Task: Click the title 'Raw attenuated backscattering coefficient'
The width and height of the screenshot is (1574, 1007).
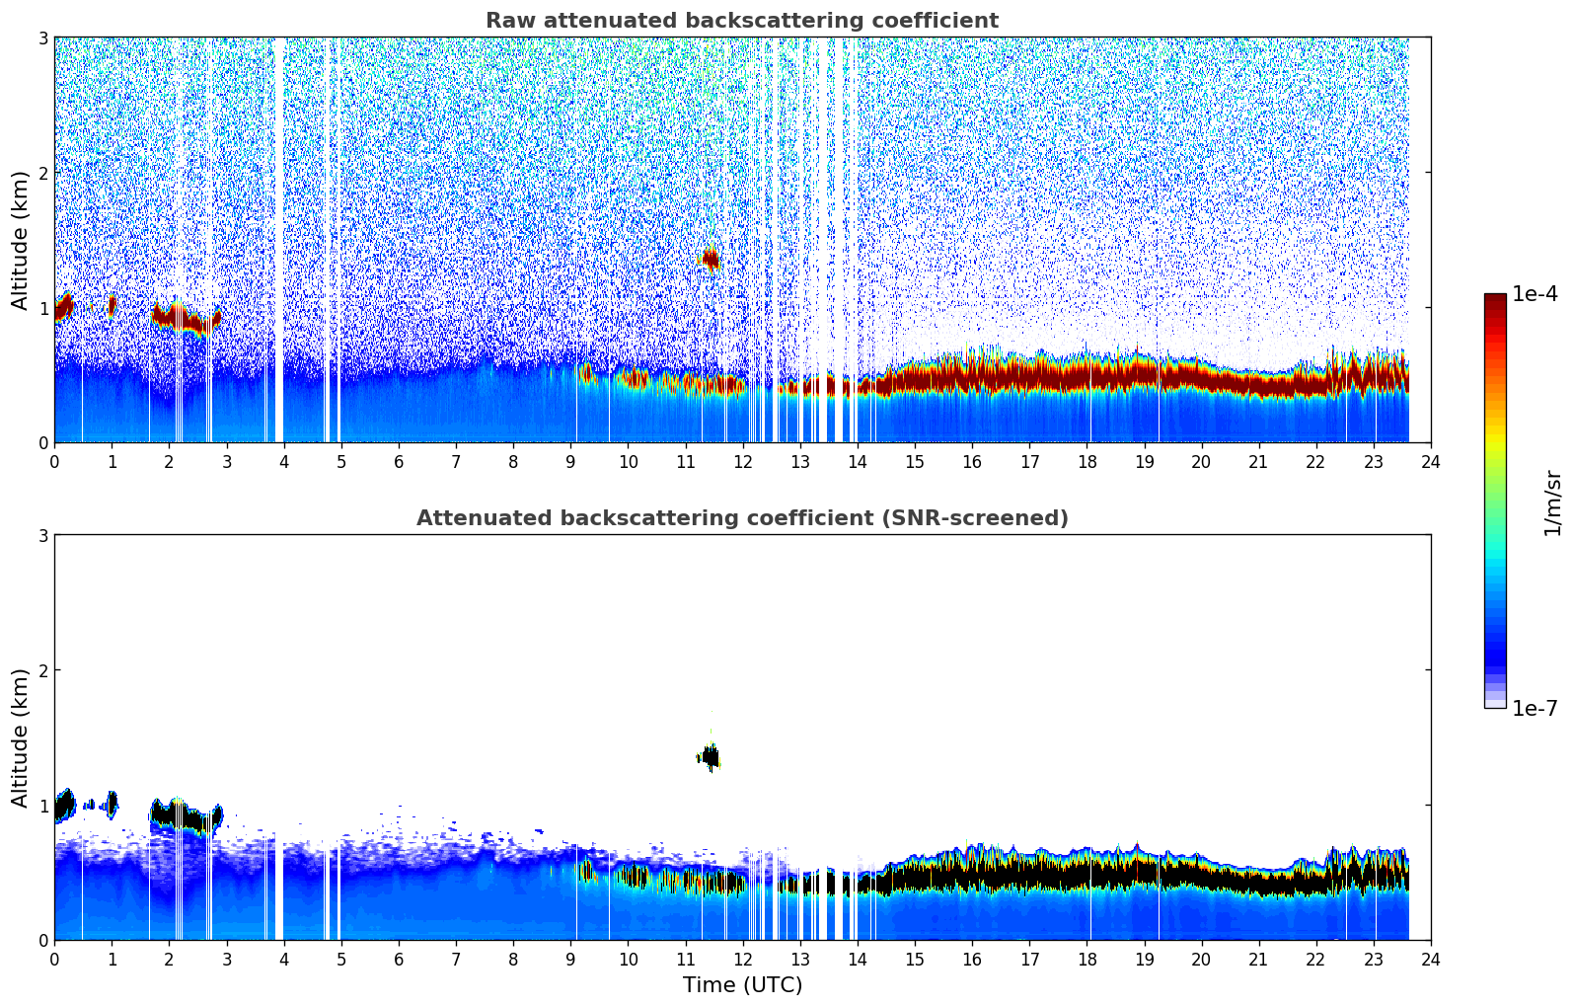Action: click(741, 21)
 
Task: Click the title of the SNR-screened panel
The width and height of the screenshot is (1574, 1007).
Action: click(741, 518)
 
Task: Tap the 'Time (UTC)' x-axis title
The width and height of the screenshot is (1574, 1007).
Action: click(742, 985)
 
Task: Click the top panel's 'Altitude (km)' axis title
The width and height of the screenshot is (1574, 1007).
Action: click(21, 240)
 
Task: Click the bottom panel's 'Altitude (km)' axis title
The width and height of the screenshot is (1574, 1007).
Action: click(21, 737)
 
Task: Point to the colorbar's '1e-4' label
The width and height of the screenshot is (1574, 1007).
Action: click(1535, 294)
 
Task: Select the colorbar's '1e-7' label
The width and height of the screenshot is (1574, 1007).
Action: click(1535, 708)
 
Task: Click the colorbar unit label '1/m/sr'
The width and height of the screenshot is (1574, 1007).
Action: click(1552, 502)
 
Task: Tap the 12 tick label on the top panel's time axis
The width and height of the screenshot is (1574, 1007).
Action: click(742, 462)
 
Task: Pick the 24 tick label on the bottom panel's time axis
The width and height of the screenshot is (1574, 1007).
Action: click(1430, 960)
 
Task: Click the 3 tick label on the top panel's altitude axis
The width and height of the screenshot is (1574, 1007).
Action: click(42, 38)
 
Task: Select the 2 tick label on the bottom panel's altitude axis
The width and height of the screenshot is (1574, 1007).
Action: click(42, 670)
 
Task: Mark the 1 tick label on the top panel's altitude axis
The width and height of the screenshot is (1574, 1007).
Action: click(42, 308)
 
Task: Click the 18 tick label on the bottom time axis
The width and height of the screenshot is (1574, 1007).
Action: click(1087, 960)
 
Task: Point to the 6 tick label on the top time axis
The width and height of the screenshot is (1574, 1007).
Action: click(399, 462)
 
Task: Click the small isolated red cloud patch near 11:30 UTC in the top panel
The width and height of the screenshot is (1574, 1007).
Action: click(709, 260)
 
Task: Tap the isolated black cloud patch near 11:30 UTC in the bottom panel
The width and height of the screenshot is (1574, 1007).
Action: click(709, 758)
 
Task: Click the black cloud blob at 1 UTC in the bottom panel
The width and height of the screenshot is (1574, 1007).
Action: click(112, 804)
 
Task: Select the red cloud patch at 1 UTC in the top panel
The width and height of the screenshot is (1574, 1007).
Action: click(112, 306)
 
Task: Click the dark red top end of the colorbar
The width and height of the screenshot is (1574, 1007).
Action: click(1494, 299)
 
